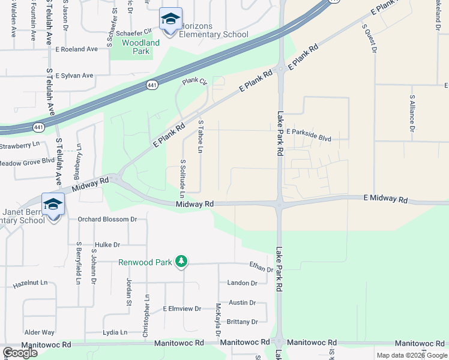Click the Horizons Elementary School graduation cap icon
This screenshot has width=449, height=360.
coord(170,20)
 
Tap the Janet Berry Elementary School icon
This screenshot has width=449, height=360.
coord(53,205)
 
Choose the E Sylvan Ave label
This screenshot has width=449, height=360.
coord(74,76)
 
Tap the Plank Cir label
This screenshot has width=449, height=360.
coord(194,81)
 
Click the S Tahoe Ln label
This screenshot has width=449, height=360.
coord(200,136)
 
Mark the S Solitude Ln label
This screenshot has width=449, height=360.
coord(182,179)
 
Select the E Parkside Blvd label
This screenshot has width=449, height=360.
coord(309,139)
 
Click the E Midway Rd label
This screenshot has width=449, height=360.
coord(385,199)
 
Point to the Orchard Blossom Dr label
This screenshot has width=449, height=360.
coord(107,219)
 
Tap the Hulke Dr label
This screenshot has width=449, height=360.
coord(107,245)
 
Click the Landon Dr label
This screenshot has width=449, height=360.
coord(242,283)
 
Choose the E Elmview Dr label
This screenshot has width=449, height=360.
coord(182,308)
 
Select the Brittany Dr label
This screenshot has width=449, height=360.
coord(243,322)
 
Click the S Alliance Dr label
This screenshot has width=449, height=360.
coord(412,113)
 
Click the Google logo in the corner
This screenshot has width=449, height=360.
coord(20,353)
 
